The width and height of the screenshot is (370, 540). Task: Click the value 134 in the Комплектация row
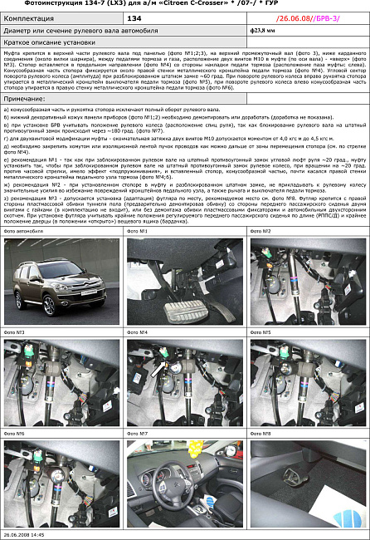pyautogui.click(x=134, y=17)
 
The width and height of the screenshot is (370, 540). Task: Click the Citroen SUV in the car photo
pyautogui.click(x=60, y=291)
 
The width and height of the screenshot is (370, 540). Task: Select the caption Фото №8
pyautogui.click(x=261, y=433)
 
